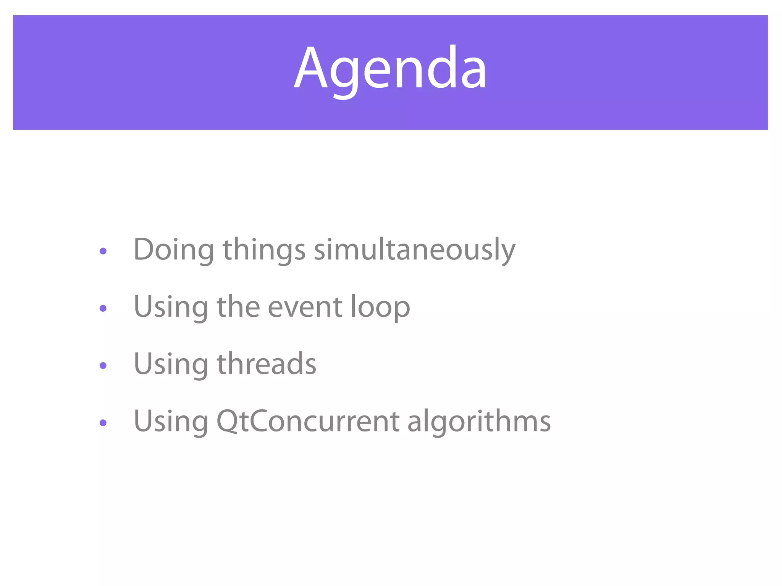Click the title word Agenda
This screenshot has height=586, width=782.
[390, 69]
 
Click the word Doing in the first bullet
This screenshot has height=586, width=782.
[174, 250]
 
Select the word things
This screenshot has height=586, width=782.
[264, 250]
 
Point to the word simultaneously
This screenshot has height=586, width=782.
[414, 250]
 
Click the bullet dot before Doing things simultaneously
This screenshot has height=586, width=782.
[103, 251]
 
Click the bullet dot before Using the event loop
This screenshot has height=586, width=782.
[103, 308]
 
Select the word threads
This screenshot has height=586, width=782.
[267, 364]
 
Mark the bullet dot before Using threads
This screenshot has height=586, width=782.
[103, 365]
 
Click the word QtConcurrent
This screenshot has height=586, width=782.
[308, 421]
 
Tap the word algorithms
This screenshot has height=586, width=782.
[479, 421]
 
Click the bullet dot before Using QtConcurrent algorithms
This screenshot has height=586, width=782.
[103, 423]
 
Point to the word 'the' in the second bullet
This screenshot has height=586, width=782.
[238, 307]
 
